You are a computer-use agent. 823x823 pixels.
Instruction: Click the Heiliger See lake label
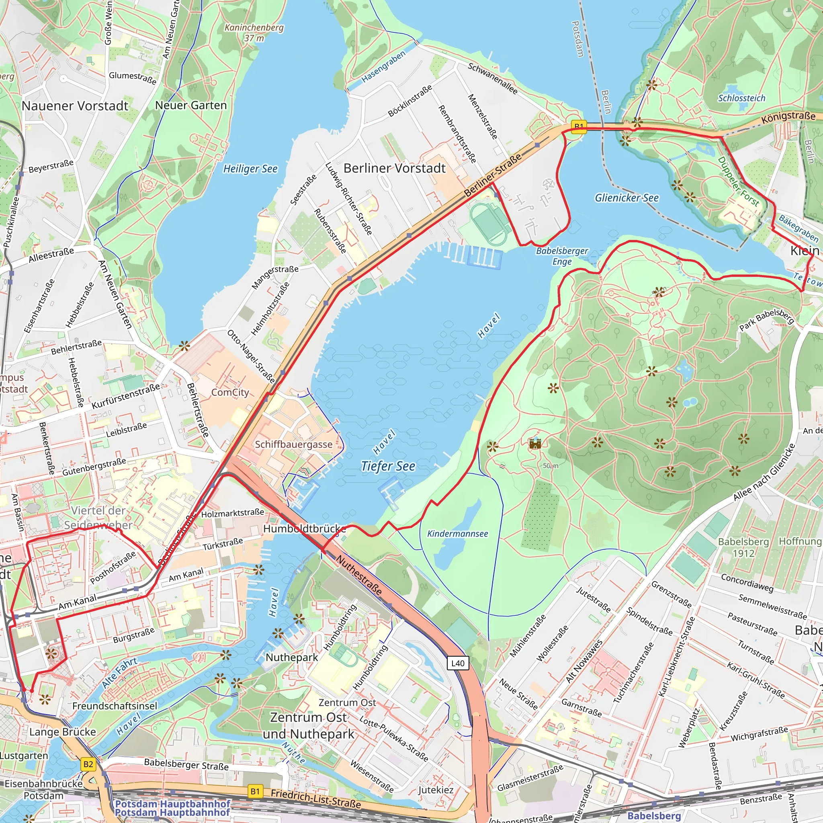coord(250,169)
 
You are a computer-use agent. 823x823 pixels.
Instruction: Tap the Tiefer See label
coord(388,466)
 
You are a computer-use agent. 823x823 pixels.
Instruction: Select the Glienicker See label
coord(626,198)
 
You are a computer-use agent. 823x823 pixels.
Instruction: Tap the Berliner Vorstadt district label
coord(394,168)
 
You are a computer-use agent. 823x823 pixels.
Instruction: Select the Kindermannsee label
coord(457,534)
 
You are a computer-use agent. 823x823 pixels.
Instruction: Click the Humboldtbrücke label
coord(304,529)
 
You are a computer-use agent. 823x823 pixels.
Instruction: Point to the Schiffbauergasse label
coord(293,444)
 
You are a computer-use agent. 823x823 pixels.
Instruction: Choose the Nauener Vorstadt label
coord(75,106)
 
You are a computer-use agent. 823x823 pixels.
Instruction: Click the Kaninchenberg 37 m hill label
coord(254,33)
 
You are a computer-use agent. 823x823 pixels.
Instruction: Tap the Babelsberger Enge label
coord(561,256)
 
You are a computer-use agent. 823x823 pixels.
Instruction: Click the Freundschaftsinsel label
coord(115,706)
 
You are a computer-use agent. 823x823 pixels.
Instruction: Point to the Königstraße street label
coord(788,117)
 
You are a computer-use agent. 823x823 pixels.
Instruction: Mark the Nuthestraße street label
coord(359,575)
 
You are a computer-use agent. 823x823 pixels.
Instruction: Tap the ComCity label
coord(230,392)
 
